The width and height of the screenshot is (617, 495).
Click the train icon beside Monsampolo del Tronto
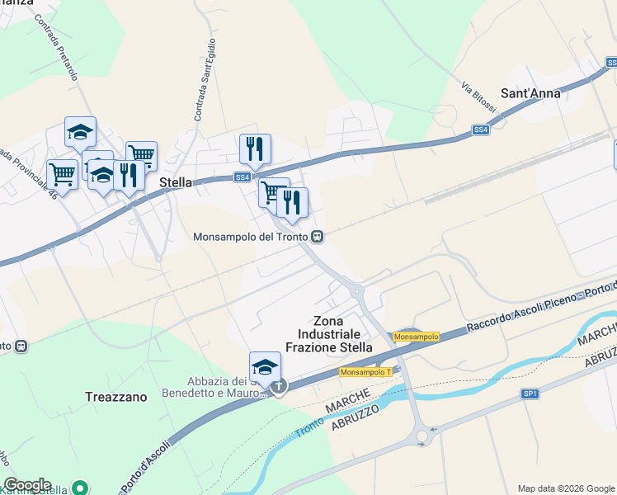[x=317, y=237]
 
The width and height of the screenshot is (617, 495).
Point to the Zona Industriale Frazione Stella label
[x=329, y=334]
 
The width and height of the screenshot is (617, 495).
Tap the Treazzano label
[x=115, y=397]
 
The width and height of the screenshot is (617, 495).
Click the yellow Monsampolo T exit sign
[x=365, y=372]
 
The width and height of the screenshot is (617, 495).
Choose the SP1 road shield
[x=530, y=394]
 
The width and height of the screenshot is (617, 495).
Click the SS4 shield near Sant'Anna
[x=481, y=130]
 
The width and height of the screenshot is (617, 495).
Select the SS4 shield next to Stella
[x=242, y=177]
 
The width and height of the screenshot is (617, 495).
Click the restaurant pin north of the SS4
[x=255, y=149]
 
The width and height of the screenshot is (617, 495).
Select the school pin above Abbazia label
[x=266, y=367]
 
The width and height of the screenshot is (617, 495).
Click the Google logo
[x=27, y=485]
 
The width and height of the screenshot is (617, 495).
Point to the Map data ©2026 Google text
[x=566, y=488]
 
